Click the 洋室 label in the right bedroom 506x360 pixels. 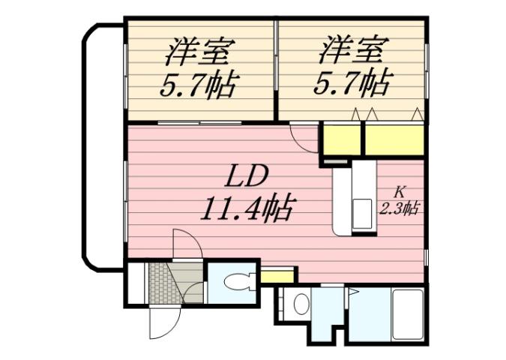(352, 52)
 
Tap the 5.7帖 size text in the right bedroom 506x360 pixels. (352, 84)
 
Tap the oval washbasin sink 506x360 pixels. (300, 304)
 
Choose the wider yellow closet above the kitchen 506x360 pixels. (394, 139)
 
